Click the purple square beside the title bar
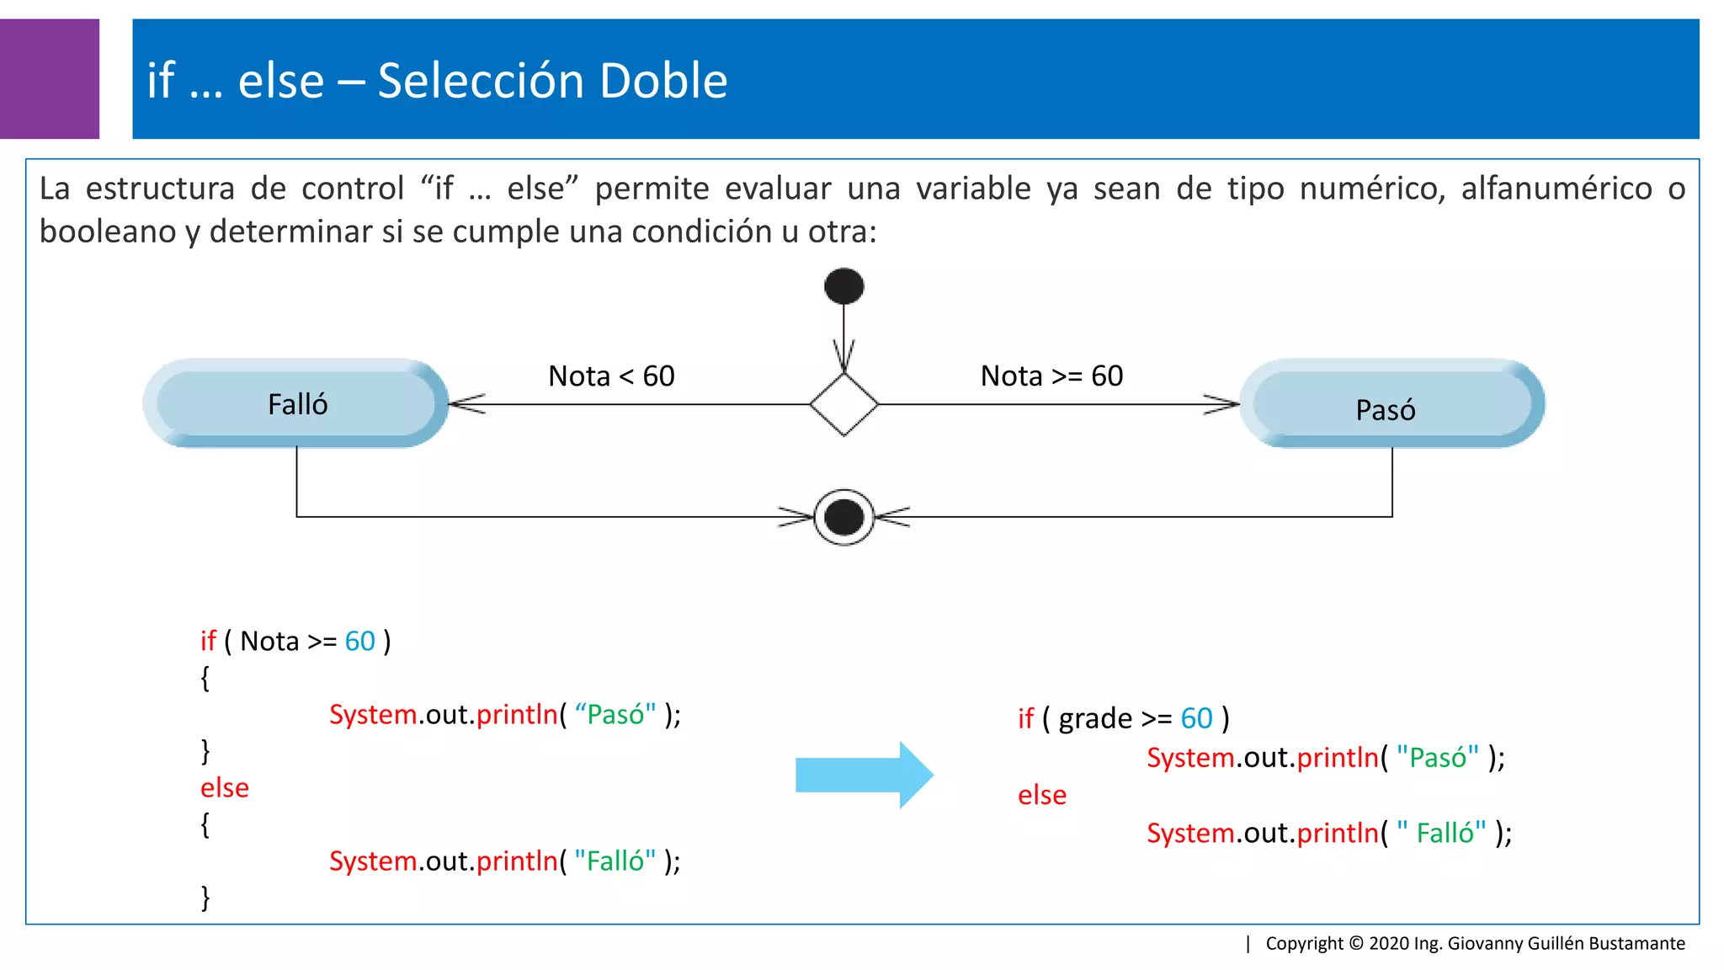49,78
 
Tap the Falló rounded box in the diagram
296,404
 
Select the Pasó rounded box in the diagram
1391,404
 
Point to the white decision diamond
843,404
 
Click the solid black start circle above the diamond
843,286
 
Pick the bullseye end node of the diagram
843,517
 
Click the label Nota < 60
611,376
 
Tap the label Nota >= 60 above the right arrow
1051,376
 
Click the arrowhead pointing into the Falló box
465,404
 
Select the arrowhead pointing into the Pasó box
1222,404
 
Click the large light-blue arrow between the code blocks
863,775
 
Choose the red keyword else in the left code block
225,788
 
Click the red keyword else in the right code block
1042,795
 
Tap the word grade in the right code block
1095,718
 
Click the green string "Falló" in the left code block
615,861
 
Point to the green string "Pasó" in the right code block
1437,758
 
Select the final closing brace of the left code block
205,898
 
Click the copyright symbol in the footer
1356,943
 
